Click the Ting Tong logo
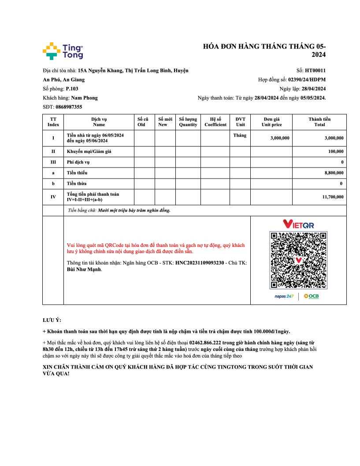click(x=63, y=51)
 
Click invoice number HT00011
click(x=315, y=70)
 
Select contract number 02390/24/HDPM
click(x=307, y=80)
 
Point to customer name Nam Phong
click(x=84, y=98)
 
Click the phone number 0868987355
click(x=69, y=107)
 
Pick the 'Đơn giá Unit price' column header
click(x=271, y=122)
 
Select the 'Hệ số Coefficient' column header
click(x=215, y=122)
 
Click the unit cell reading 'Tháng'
click(x=240, y=135)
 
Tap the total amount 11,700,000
click(x=334, y=197)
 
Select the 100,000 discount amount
click(x=336, y=152)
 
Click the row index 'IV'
click(x=53, y=197)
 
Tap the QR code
click(x=298, y=260)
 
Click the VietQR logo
click(x=298, y=224)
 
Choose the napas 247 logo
click(x=284, y=296)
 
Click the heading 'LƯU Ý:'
click(x=52, y=320)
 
